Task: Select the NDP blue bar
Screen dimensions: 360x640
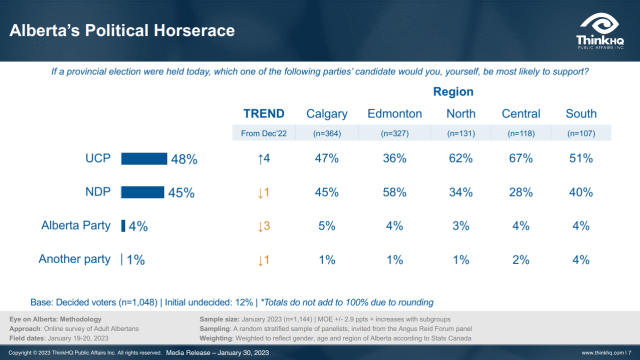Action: point(142,191)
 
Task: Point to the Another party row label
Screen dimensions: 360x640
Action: point(74,260)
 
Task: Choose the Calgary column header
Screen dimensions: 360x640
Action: point(326,113)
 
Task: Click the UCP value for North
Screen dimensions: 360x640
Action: point(459,158)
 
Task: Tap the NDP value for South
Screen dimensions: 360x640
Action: point(580,192)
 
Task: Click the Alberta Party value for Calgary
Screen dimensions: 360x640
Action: point(326,226)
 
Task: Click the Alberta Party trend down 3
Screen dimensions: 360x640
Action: point(264,226)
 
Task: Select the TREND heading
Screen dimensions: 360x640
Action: point(264,113)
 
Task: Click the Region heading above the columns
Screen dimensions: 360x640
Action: point(453,91)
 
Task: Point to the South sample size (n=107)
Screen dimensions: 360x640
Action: point(580,133)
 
